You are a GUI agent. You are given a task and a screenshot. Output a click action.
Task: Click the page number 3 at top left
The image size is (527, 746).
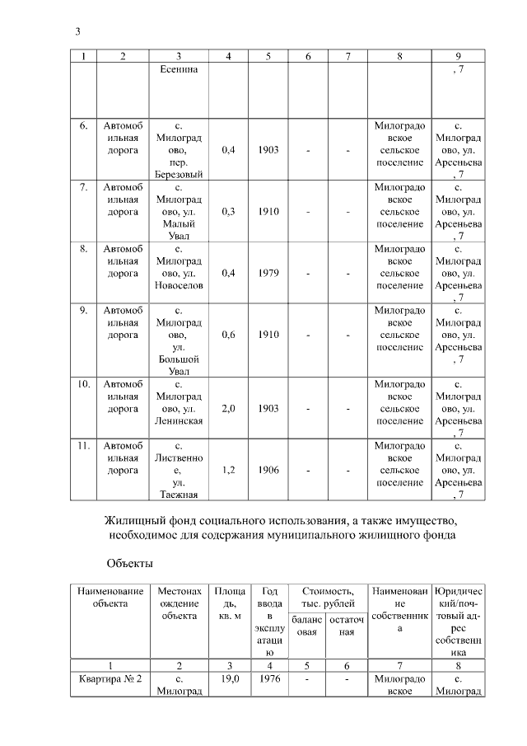pyautogui.click(x=77, y=31)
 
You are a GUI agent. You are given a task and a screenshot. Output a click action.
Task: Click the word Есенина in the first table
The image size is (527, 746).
pyautogui.click(x=179, y=71)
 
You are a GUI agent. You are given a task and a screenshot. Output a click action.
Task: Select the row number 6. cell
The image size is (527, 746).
pyautogui.click(x=84, y=126)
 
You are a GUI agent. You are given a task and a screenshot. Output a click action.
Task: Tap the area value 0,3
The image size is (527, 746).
pyautogui.click(x=229, y=211)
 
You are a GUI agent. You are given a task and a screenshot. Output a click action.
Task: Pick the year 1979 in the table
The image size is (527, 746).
pyautogui.click(x=268, y=273)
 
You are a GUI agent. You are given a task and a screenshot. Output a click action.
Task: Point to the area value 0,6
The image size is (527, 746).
pyautogui.click(x=229, y=335)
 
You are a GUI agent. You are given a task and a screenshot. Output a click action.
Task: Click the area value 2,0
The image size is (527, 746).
pyautogui.click(x=229, y=408)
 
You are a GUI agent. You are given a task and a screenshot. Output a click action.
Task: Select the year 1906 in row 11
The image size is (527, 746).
pyautogui.click(x=268, y=470)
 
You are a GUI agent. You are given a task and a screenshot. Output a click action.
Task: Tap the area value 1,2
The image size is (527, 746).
pyautogui.click(x=229, y=470)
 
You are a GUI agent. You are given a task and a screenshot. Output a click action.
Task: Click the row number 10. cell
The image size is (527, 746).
pyautogui.click(x=84, y=385)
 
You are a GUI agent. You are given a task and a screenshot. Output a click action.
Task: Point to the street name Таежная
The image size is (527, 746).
pyautogui.click(x=179, y=495)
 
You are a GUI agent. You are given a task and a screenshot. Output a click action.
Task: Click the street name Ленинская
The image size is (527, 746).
pyautogui.click(x=179, y=420)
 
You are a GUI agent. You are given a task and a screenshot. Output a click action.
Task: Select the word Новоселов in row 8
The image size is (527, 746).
pyautogui.click(x=179, y=285)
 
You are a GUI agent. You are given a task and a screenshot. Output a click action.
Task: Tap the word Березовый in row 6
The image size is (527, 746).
pyautogui.click(x=179, y=174)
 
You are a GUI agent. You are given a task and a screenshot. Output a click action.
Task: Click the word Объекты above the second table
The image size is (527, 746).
pyautogui.click(x=128, y=564)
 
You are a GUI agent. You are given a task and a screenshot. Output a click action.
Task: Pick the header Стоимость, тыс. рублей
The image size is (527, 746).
pyautogui.click(x=329, y=598)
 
